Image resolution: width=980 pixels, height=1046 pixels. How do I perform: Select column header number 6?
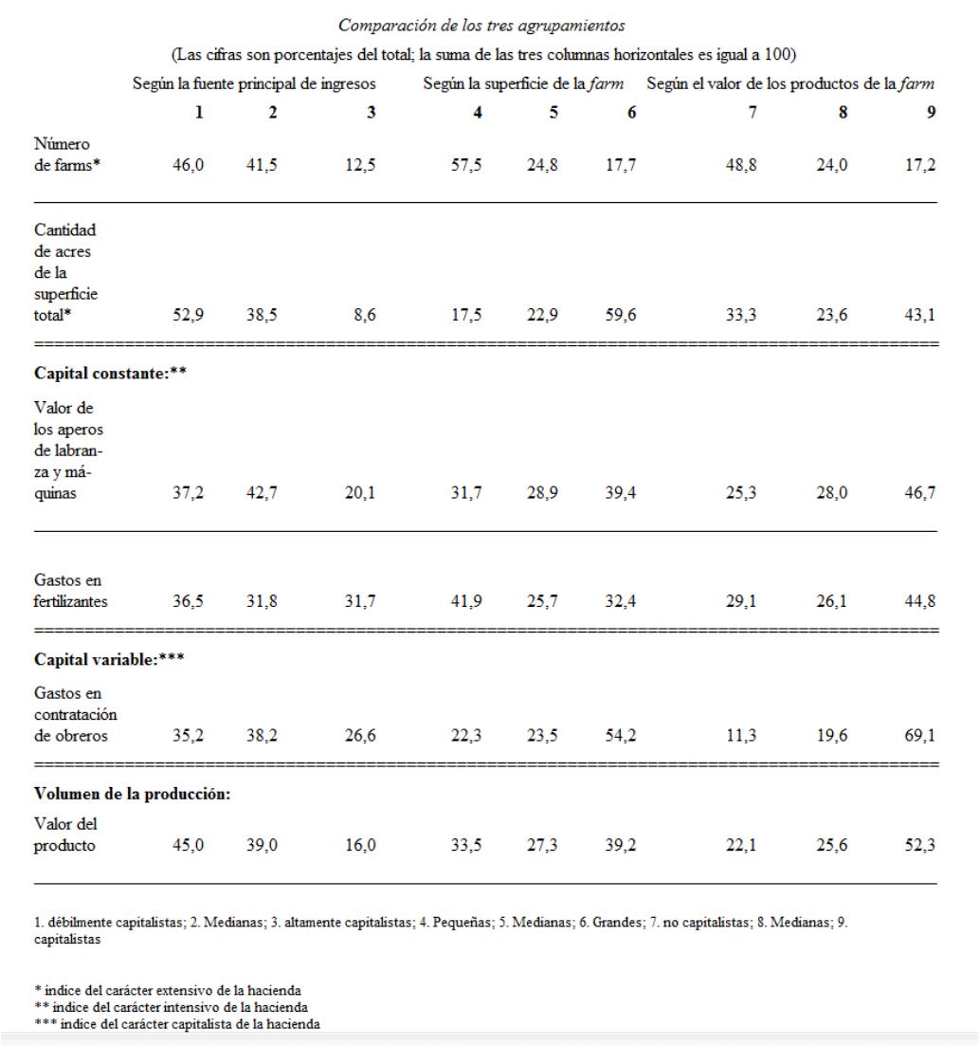point(630,112)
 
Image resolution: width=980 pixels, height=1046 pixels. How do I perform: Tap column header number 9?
point(932,112)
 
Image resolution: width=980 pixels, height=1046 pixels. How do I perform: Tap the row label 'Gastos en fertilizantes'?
point(68,590)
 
